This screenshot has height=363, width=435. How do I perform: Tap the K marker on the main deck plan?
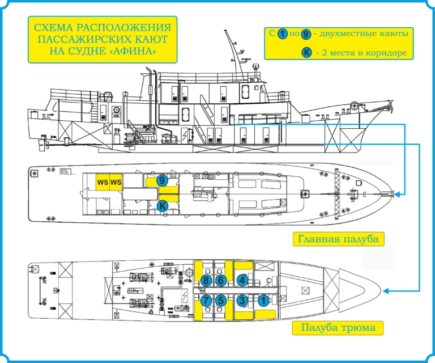pos(161,206)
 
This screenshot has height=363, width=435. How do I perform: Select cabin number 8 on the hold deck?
pos(206,280)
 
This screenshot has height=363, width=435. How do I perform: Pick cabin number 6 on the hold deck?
pos(221,280)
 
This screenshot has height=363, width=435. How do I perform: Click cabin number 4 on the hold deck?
pos(242,280)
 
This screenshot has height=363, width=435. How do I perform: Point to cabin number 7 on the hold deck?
pos(206,301)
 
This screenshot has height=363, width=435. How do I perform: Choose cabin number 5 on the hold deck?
pos(221,301)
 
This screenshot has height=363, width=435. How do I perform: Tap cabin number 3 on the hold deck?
pos(242,301)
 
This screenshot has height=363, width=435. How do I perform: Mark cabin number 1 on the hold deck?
pos(263,301)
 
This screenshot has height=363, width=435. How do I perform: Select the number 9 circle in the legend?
pos(306,34)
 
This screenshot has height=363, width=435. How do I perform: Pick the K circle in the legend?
pos(306,53)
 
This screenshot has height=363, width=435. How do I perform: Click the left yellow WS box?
pos(103,182)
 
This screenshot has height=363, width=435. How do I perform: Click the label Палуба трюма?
pos(338,327)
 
